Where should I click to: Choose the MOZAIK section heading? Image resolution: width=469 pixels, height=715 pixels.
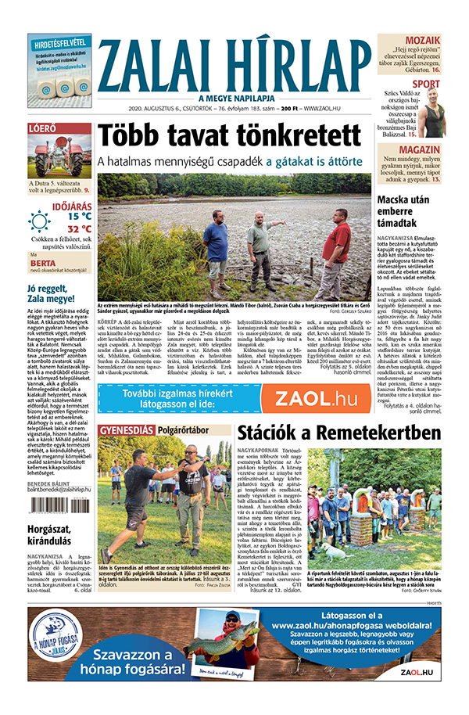pyautogui.click(x=422, y=40)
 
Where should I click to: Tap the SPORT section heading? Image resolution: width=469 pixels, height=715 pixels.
pyautogui.click(x=426, y=84)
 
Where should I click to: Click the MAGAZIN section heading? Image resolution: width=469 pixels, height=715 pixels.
pyautogui.click(x=420, y=149)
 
